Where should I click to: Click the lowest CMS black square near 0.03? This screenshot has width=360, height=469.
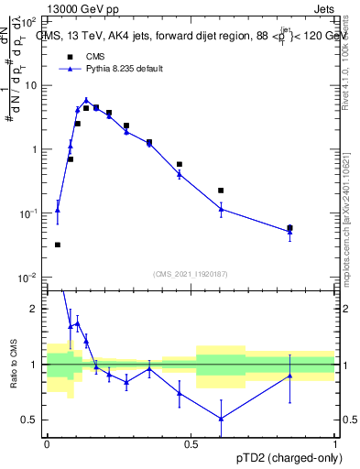58,245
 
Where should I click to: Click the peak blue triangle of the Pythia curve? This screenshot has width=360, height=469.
86,101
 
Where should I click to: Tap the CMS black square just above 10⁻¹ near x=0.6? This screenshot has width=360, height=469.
221,191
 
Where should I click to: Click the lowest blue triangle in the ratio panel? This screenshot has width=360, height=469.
221,419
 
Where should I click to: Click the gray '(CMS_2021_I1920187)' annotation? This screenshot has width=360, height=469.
191,274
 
